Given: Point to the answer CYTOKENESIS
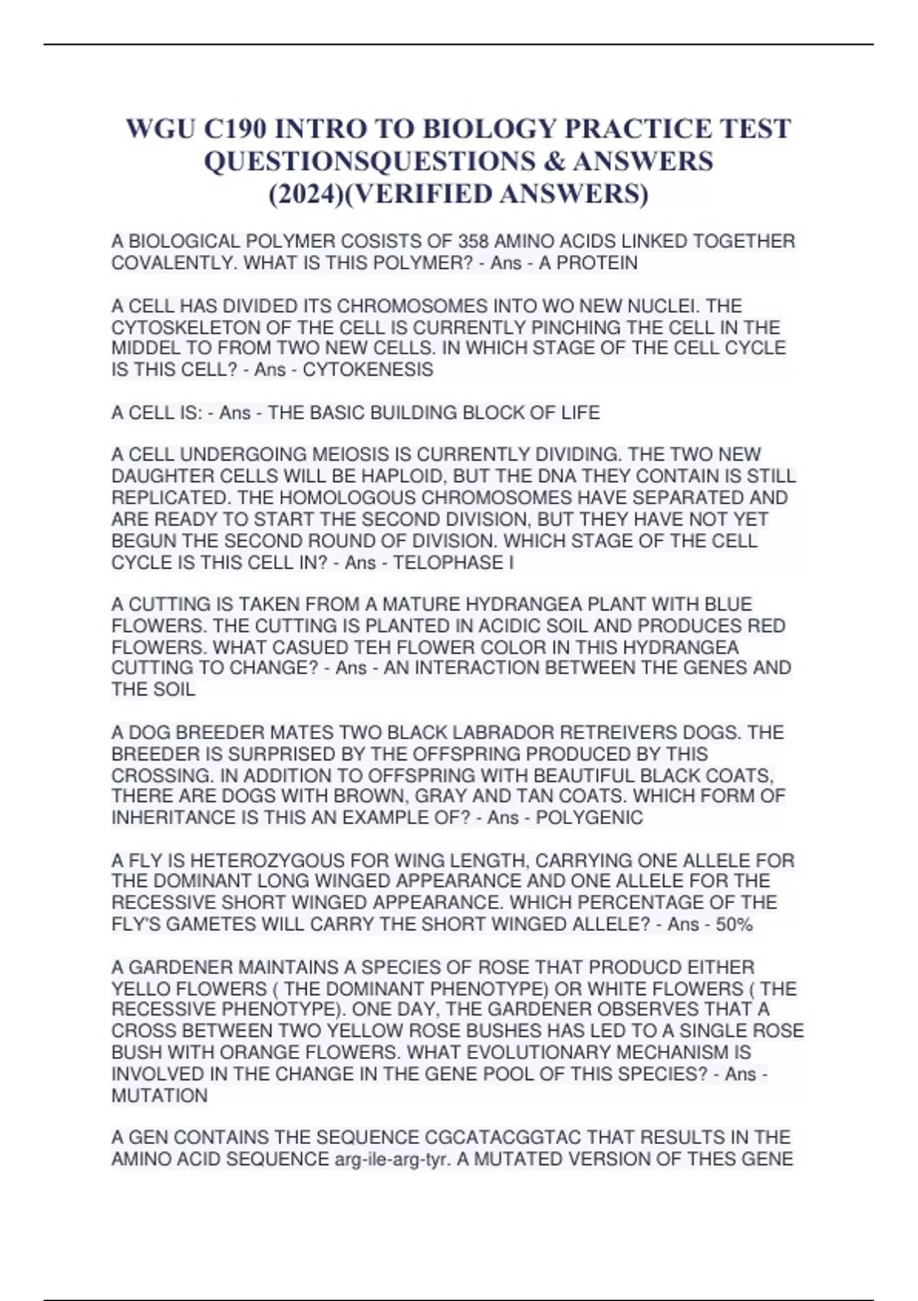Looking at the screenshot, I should click(x=368, y=370).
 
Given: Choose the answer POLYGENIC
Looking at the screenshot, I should click(x=589, y=817).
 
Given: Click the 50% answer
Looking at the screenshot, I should click(x=734, y=924).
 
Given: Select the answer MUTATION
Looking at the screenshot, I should click(x=159, y=1096).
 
